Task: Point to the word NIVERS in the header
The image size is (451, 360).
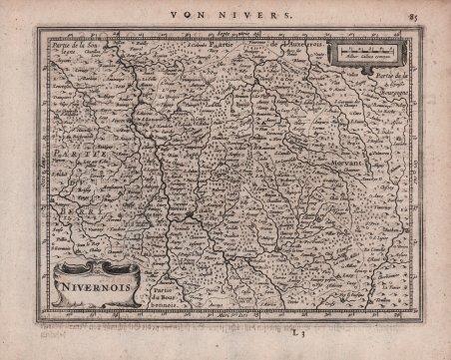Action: click(x=243, y=14)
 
